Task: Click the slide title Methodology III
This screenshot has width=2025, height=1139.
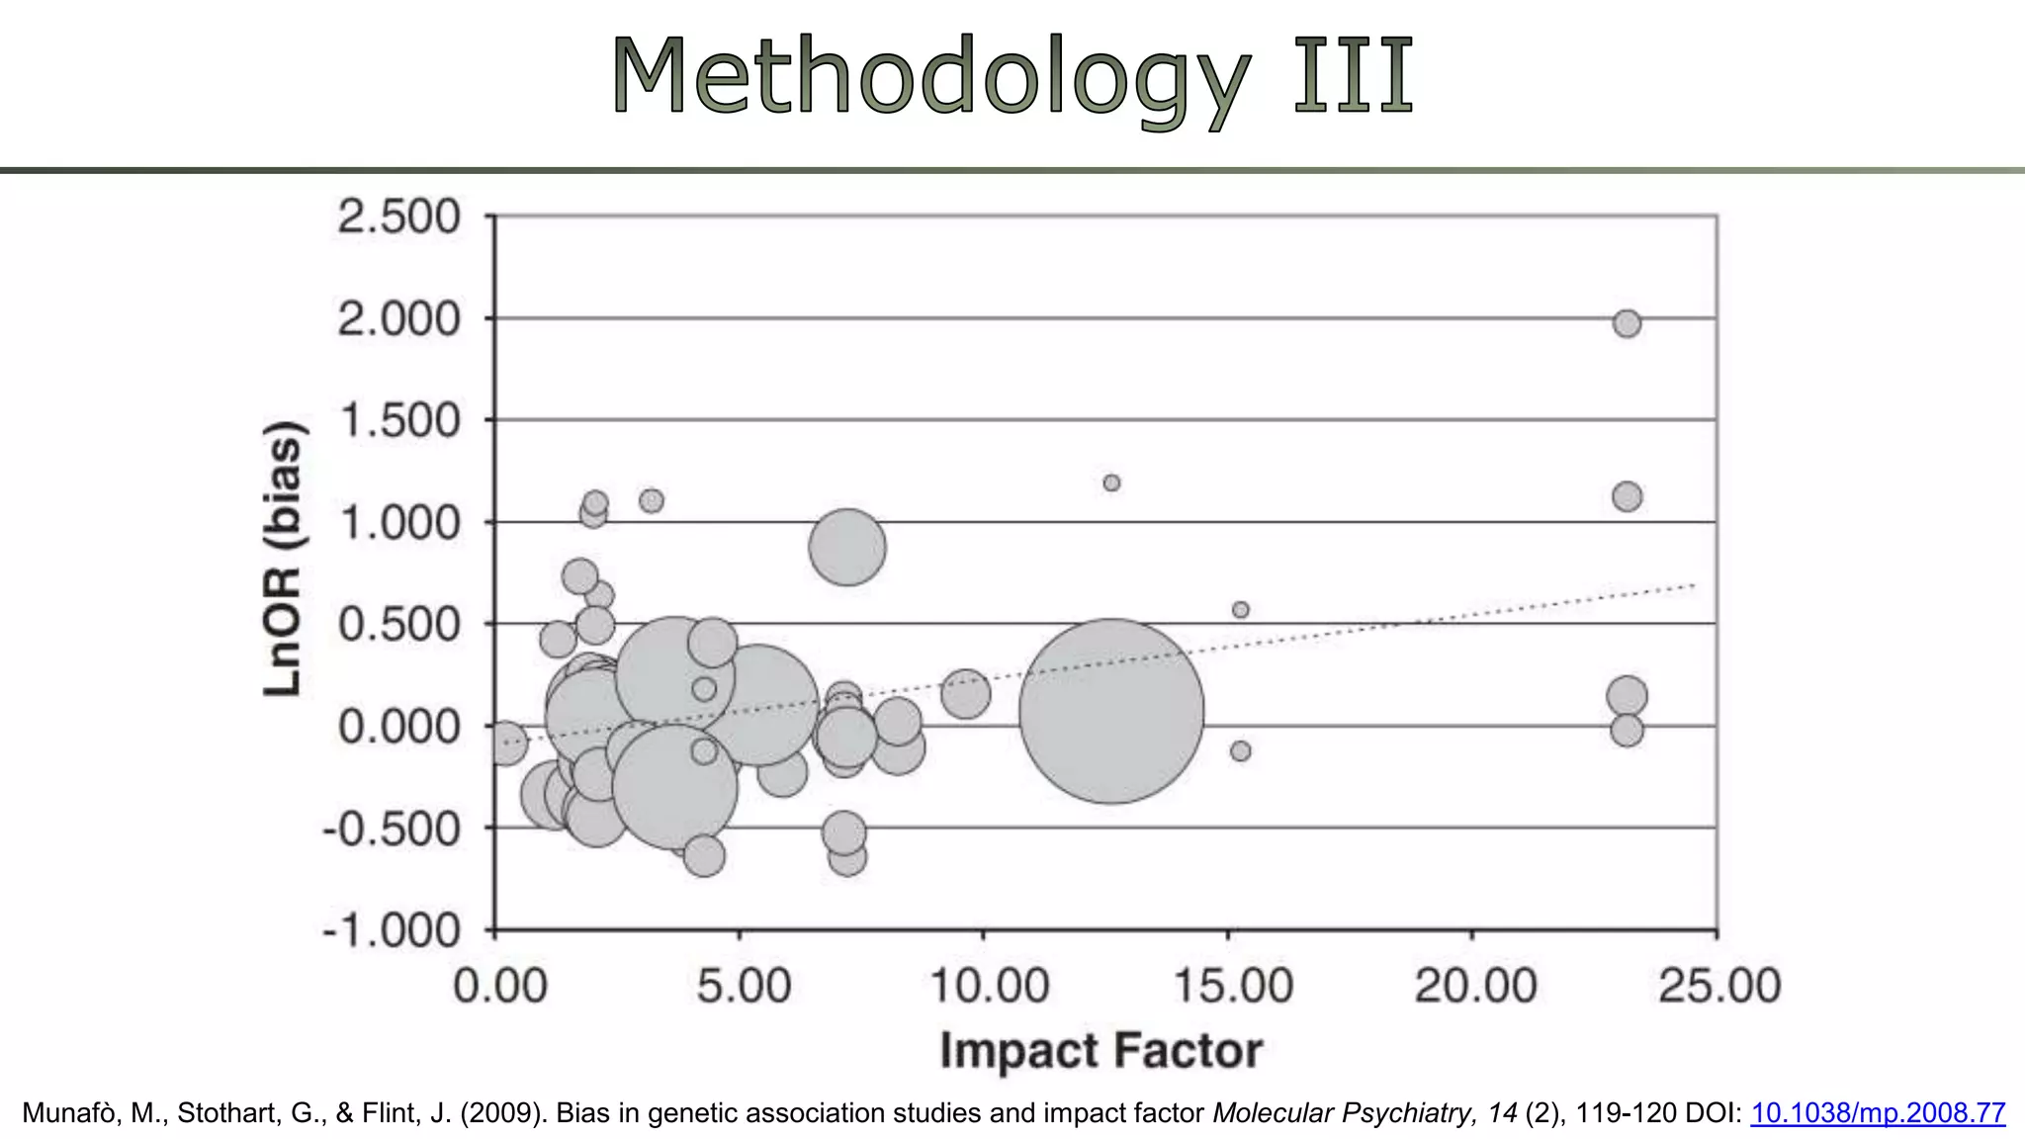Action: pos(1012,77)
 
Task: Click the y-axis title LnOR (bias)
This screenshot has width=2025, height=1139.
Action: pos(284,559)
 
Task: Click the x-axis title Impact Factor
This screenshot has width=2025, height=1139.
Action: pos(1101,1050)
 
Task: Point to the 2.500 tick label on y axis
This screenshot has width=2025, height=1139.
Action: pos(398,217)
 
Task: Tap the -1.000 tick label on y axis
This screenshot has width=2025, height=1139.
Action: pos(392,930)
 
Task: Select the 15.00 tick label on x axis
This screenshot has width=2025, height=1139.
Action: pos(1232,986)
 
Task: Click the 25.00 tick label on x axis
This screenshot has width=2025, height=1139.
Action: pos(1718,986)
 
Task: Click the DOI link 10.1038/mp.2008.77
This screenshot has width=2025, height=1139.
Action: pos(1877,1113)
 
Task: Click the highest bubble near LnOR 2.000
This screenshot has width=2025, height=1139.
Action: pos(1627,323)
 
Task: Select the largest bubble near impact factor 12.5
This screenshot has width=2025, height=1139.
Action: pos(1111,711)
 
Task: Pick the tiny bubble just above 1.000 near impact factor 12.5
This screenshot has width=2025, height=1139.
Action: pos(1111,482)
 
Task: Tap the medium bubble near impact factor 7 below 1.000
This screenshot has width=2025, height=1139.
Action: pos(846,547)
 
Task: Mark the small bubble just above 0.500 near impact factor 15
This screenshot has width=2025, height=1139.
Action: pos(1240,610)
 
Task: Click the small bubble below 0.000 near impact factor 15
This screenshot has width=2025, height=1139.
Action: pos(1240,751)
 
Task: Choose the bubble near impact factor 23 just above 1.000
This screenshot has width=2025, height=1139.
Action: pos(1627,496)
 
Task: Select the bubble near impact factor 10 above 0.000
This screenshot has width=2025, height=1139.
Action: pos(965,693)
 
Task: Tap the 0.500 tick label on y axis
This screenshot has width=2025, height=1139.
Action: pos(398,624)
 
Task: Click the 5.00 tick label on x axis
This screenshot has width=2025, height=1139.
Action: pos(744,986)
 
